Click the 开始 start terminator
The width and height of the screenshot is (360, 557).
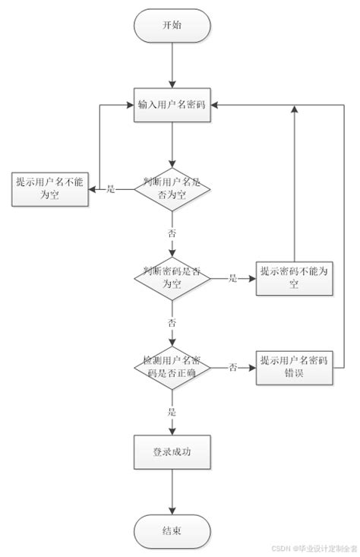point(172,26)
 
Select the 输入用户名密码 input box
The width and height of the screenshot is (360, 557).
point(172,104)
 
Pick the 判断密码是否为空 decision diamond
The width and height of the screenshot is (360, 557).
point(172,278)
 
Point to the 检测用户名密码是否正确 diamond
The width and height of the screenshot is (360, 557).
point(172,366)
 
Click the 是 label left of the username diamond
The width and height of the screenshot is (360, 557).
point(110,188)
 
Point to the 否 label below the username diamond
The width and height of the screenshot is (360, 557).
point(172,232)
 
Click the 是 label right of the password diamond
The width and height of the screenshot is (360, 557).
point(233,279)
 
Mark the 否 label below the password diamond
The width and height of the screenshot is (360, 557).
point(172,322)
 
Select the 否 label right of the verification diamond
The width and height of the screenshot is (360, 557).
point(233,367)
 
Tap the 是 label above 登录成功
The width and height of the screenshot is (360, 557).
point(172,411)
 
